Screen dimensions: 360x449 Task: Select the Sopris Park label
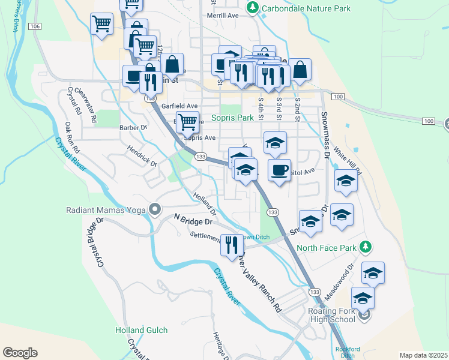(232, 118)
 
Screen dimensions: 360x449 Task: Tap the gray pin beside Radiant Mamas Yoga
(155, 210)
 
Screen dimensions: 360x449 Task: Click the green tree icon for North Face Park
(366, 247)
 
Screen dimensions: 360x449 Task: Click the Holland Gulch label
(138, 330)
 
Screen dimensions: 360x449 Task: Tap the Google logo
(20, 353)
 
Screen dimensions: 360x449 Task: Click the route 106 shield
(35, 26)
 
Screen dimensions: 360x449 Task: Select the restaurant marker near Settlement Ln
(231, 245)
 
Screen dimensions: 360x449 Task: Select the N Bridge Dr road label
(193, 220)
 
